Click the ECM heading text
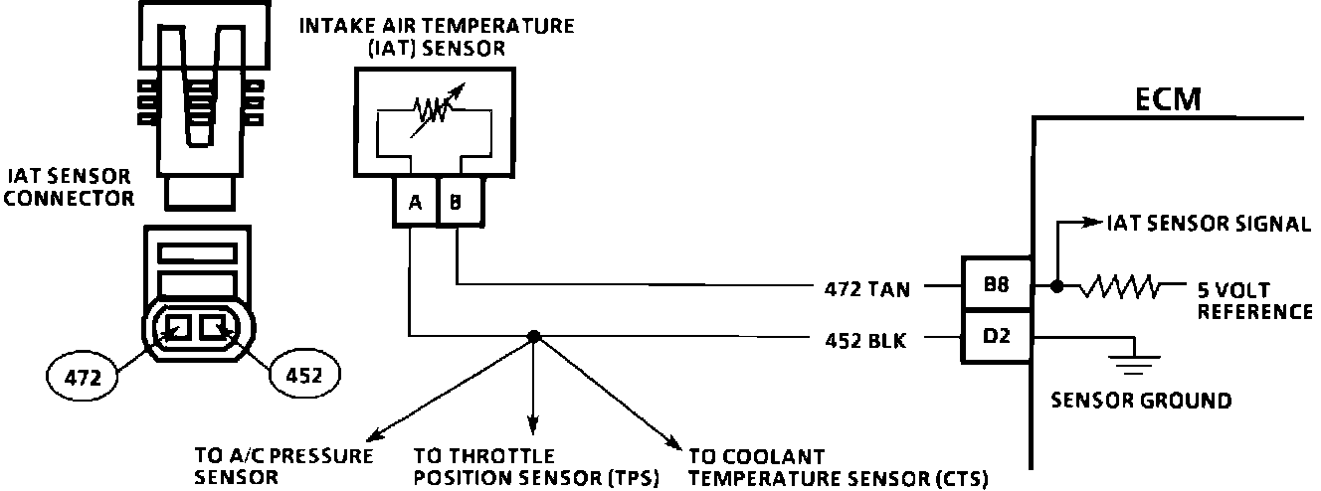pyautogui.click(x=1168, y=99)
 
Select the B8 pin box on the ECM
pyautogui.click(x=996, y=286)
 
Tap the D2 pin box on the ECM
pyautogui.click(x=996, y=338)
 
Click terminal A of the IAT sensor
pyautogui.click(x=414, y=203)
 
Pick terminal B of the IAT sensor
pyautogui.click(x=457, y=203)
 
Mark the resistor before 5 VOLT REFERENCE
pyautogui.click(x=1120, y=287)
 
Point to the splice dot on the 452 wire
pyautogui.click(x=533, y=337)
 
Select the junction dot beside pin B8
pyautogui.click(x=1055, y=287)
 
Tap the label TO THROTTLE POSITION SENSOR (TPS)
pyautogui.click(x=536, y=468)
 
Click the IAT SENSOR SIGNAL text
pyautogui.click(x=1208, y=225)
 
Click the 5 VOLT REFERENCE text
pyautogui.click(x=1254, y=300)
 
